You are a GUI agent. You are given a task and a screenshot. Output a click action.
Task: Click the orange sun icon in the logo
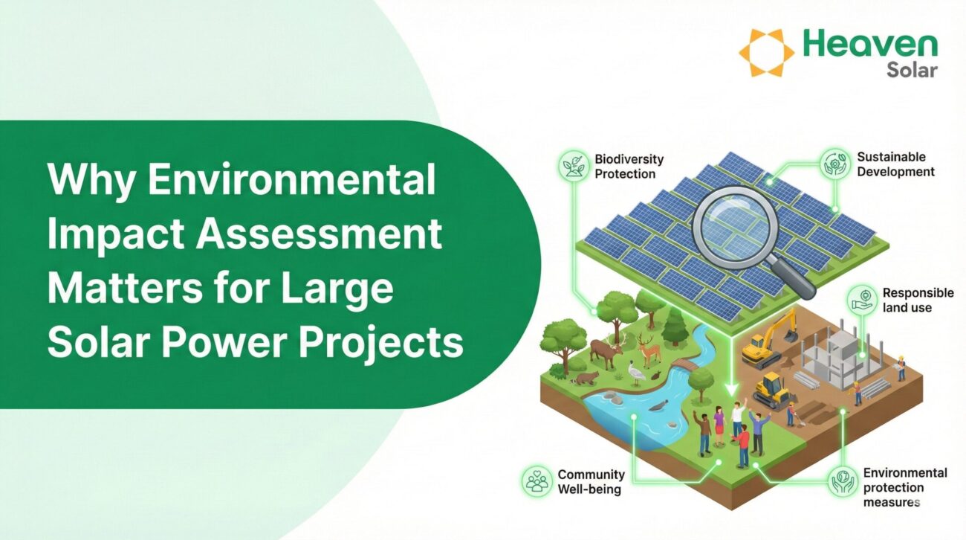pyautogui.click(x=766, y=53)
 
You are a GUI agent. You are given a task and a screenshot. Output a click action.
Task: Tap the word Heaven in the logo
pyautogui.click(x=871, y=44)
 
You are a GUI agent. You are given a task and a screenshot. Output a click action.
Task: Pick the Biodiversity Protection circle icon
pyautogui.click(x=574, y=165)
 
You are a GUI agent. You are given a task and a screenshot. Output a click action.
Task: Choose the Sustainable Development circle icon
pyautogui.click(x=835, y=164)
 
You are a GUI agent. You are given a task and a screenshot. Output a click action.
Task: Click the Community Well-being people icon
pyautogui.click(x=537, y=480)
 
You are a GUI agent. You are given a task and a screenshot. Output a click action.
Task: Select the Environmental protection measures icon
pyautogui.click(x=843, y=481)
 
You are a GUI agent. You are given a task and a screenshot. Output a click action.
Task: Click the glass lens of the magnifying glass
pyautogui.click(x=734, y=227)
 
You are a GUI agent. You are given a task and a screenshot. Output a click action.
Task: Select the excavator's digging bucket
pyautogui.click(x=789, y=335)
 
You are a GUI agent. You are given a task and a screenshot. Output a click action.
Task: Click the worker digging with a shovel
pyautogui.click(x=792, y=414)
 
